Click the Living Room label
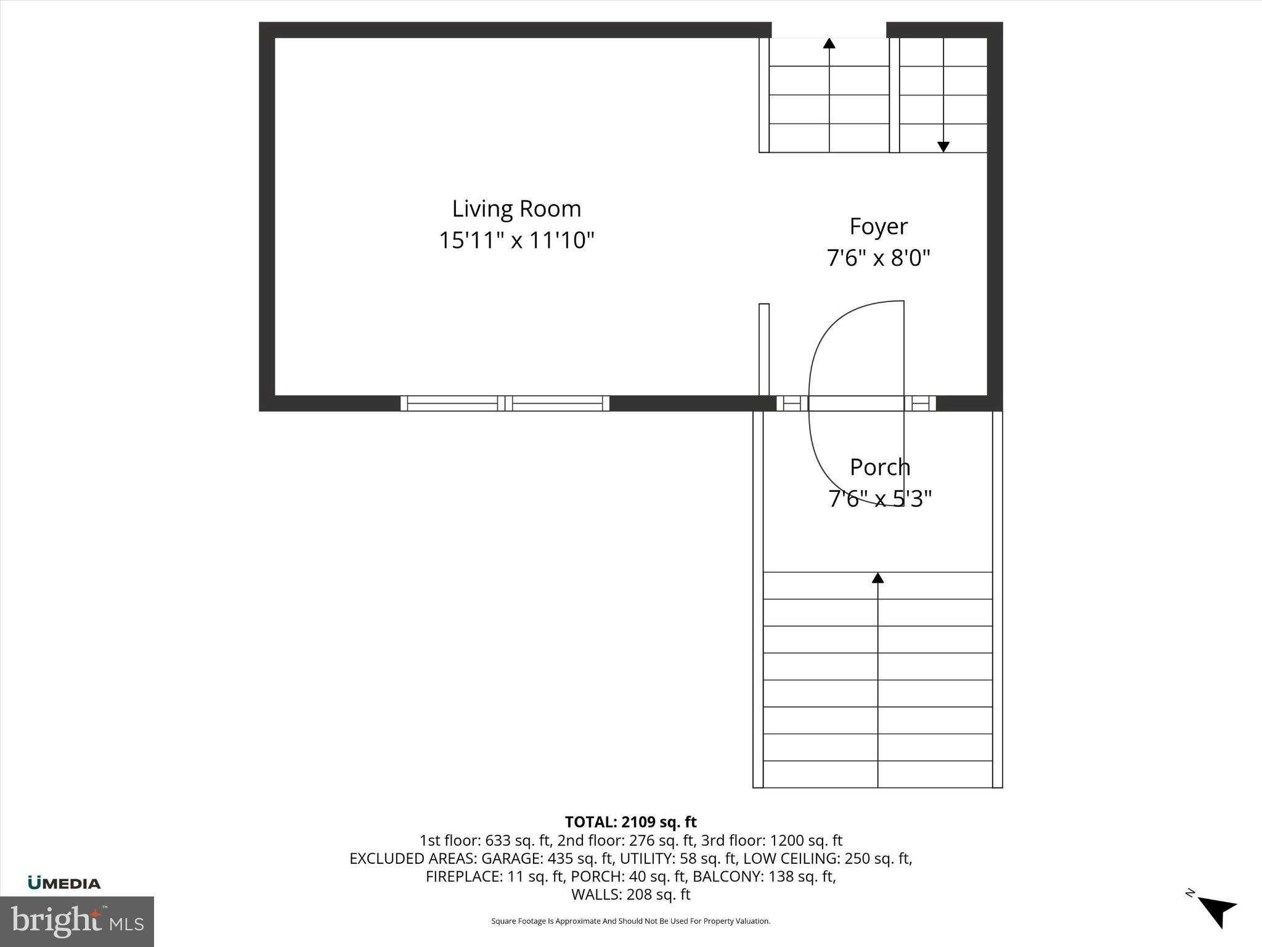click(x=516, y=209)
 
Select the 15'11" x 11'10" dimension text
click(x=516, y=240)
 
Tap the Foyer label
click(x=878, y=226)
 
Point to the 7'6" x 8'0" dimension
click(x=878, y=257)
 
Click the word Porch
click(x=879, y=467)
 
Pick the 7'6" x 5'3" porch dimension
click(x=879, y=498)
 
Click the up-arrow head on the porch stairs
click(x=877, y=578)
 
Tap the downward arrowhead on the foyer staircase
click(x=943, y=147)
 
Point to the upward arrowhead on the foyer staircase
click(x=829, y=43)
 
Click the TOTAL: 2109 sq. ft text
click(x=630, y=822)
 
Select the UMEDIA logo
click(x=64, y=883)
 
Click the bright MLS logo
click(x=77, y=921)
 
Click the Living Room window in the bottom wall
click(x=505, y=403)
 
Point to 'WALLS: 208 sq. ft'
click(x=630, y=894)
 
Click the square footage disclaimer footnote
click(x=630, y=921)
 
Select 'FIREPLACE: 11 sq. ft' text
click(x=495, y=876)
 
